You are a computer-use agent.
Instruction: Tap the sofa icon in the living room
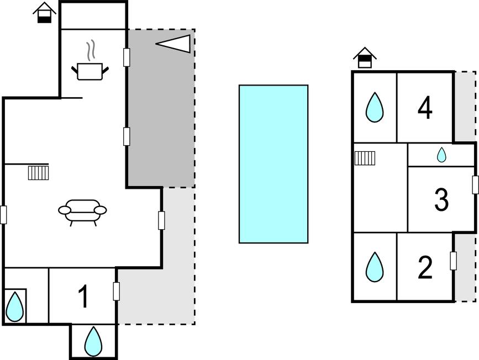click(82, 211)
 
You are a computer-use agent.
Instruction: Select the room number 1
click(83, 297)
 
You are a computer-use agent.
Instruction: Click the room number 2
click(425, 268)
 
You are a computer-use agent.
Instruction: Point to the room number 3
click(441, 200)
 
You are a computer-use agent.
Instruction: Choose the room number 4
click(425, 108)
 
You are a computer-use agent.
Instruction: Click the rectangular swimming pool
click(273, 164)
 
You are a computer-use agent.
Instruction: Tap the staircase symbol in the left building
click(39, 173)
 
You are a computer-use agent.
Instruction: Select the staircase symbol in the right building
click(365, 158)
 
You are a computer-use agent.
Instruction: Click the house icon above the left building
click(44, 13)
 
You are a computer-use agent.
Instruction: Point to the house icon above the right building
click(365, 57)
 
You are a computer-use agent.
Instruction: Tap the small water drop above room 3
click(441, 155)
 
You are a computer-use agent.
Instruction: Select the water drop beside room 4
click(375, 108)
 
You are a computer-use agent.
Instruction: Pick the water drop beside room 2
click(375, 267)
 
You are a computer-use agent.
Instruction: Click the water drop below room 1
click(93, 342)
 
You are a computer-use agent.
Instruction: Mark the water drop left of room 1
click(15, 306)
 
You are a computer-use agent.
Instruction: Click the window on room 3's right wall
click(475, 185)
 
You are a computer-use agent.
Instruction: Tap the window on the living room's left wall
click(3, 214)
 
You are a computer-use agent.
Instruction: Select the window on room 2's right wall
click(454, 261)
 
